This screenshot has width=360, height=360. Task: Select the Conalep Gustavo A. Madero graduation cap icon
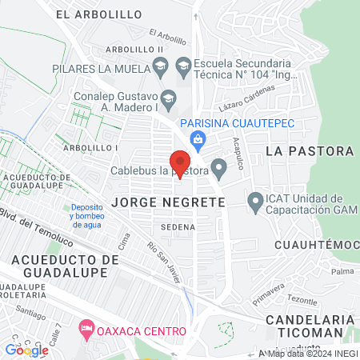pos(168,98)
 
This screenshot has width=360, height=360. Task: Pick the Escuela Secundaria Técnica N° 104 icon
pos(183,67)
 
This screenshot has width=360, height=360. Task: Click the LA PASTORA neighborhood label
pos(309,150)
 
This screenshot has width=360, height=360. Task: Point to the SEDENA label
pos(178,227)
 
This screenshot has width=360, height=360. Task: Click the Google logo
pos(26,350)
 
